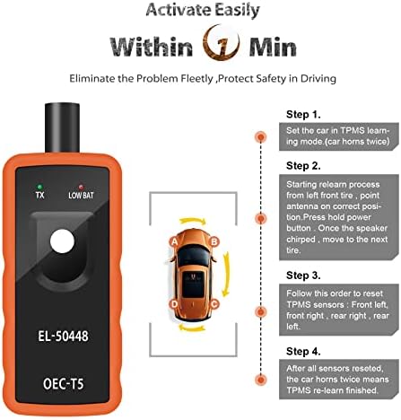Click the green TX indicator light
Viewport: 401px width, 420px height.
[39, 187]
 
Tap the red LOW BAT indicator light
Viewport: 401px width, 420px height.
[81, 187]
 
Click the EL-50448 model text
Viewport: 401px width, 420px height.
[63, 336]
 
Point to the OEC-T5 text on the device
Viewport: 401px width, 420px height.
[63, 384]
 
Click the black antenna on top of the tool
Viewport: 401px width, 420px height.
[62, 127]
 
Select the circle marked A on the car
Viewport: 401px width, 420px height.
[174, 241]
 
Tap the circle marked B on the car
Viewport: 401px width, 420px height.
[214, 241]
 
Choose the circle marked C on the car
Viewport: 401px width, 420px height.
[214, 304]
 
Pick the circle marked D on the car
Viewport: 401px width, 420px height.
[174, 304]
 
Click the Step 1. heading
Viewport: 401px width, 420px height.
[303, 114]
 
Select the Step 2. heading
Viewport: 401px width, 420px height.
[303, 166]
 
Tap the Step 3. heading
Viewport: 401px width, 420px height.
[303, 276]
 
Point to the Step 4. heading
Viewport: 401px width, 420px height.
[303, 351]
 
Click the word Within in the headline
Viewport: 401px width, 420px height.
[152, 47]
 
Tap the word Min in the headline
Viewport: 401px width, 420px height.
[273, 47]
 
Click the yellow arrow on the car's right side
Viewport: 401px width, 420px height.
[227, 274]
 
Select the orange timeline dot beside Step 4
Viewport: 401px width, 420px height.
[261, 380]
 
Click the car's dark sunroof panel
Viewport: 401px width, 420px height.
[193, 284]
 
